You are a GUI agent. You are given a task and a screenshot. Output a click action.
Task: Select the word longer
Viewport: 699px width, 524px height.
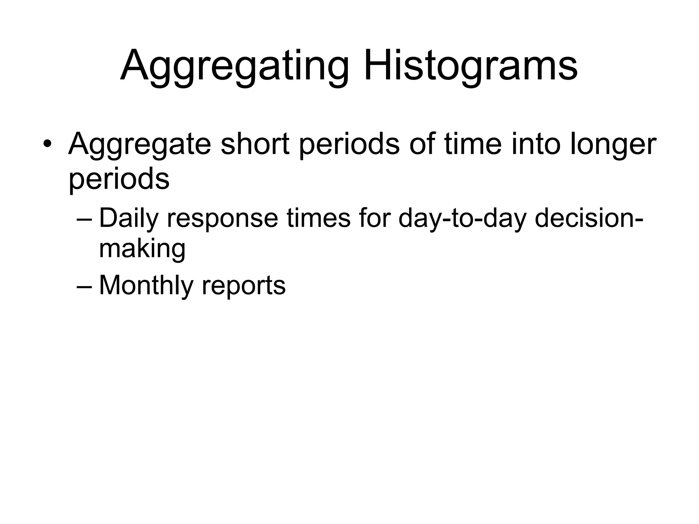(x=613, y=145)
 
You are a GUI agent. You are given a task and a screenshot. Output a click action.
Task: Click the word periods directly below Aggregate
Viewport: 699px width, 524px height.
(x=119, y=179)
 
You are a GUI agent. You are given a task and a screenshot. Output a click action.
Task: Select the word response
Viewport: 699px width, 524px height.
(x=222, y=219)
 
